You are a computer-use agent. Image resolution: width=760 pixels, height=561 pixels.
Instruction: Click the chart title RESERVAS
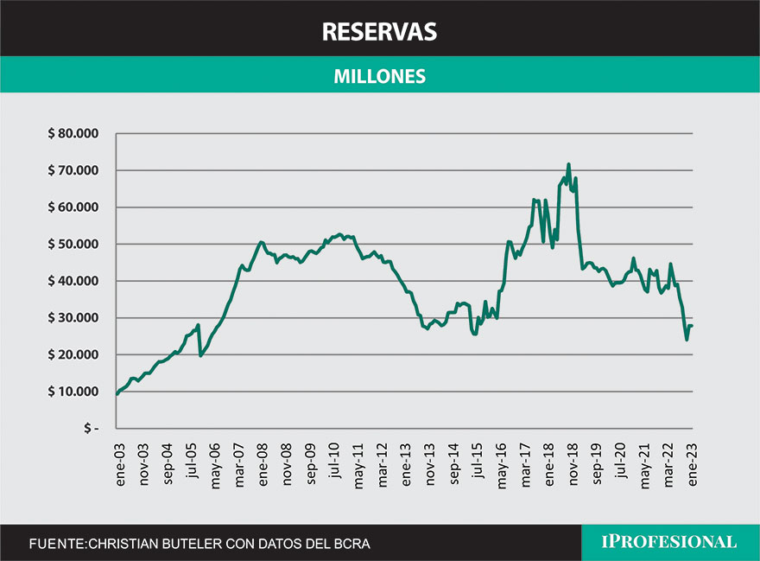click(x=379, y=32)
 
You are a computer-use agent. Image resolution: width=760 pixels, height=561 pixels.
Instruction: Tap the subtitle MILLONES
click(x=380, y=76)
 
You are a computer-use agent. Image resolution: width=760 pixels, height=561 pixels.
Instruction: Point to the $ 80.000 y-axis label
click(x=74, y=134)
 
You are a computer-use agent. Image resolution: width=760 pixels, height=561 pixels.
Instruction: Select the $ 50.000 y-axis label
click(x=74, y=245)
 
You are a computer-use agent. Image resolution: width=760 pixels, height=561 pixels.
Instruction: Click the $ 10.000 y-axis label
click(x=74, y=392)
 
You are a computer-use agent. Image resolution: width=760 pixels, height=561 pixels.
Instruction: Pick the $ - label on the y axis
click(x=91, y=428)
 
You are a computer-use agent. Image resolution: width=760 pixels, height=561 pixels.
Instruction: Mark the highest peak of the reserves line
click(x=568, y=164)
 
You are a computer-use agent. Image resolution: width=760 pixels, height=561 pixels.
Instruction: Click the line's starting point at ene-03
click(x=117, y=394)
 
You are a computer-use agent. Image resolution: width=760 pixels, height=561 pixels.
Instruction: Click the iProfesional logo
click(x=669, y=542)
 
